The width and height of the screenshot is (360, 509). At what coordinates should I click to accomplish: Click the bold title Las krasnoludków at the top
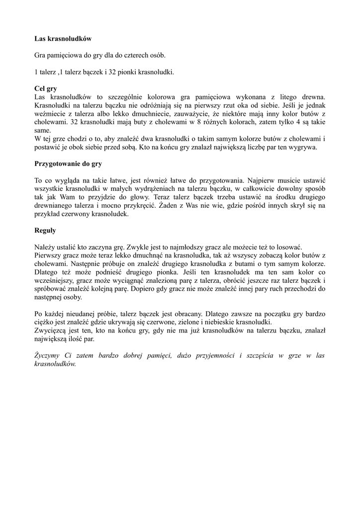click(63, 38)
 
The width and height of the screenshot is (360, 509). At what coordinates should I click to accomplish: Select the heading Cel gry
click(46, 88)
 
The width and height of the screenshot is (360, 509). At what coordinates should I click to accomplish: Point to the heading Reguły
click(45, 231)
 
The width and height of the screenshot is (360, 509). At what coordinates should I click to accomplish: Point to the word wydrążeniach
click(148, 189)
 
